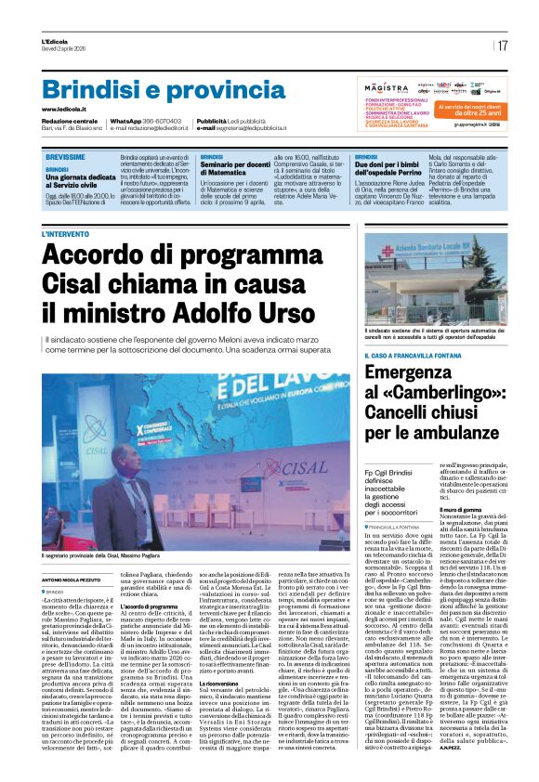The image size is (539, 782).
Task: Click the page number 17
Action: tap(503, 46)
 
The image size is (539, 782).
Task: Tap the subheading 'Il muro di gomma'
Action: tap(461, 509)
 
